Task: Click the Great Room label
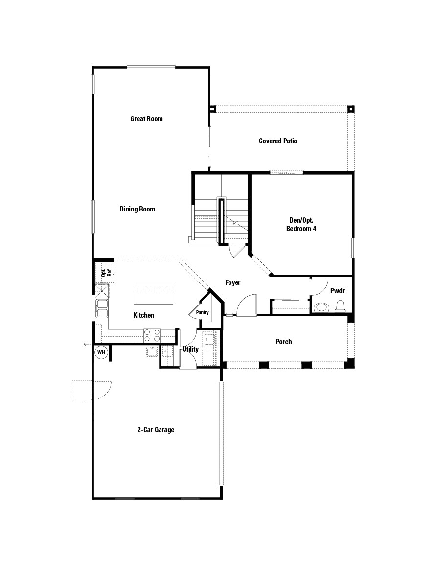[146, 119]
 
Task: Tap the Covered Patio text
[278, 141]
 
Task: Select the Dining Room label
[138, 209]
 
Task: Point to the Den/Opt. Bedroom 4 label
[301, 224]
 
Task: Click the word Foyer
[232, 283]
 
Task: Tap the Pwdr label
[337, 291]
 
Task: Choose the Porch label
[284, 342]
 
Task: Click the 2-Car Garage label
[156, 430]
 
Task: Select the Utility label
[190, 349]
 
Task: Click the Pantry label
[202, 312]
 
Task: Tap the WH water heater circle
[101, 352]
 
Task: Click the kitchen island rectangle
[154, 294]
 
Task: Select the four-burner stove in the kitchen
[152, 335]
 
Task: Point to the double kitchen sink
[102, 308]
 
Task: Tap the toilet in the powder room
[341, 307]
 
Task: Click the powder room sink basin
[321, 307]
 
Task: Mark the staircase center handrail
[222, 220]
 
